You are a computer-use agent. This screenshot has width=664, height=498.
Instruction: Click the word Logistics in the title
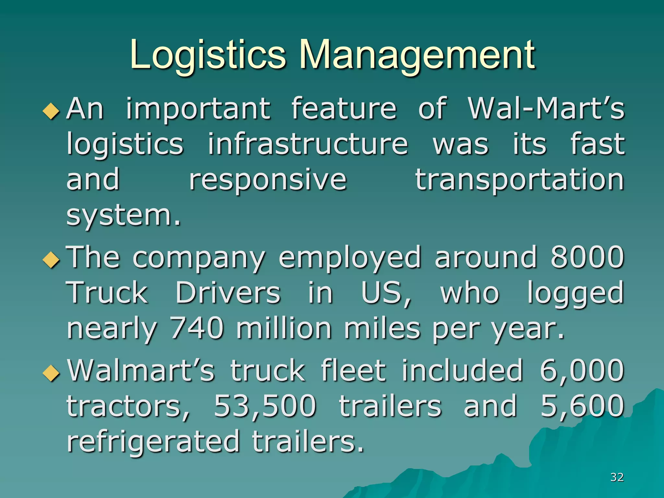point(207,55)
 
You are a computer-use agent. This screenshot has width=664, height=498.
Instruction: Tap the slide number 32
point(617,477)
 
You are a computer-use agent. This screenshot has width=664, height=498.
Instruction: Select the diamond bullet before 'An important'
point(51,112)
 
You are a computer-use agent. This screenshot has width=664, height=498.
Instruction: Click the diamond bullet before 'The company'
point(51,260)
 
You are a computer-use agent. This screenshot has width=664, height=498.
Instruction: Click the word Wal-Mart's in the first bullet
point(546,109)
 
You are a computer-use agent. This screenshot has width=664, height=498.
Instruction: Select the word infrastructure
point(307,144)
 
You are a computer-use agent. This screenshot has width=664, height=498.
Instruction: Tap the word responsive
point(268,180)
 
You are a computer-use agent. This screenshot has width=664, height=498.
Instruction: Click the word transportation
point(519,180)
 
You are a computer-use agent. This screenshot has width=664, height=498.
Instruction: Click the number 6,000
point(582,371)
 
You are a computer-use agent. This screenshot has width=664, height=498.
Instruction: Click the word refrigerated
point(153,442)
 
